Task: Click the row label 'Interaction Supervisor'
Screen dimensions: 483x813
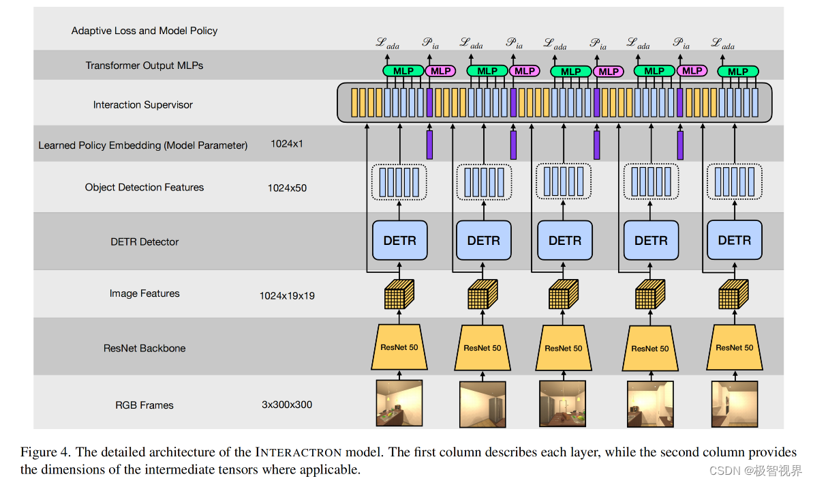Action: (x=143, y=105)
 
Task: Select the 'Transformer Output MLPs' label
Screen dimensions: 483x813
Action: (x=144, y=65)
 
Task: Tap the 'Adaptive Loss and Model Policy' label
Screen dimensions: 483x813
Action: (x=144, y=31)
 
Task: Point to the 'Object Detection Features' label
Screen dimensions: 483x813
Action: (x=144, y=187)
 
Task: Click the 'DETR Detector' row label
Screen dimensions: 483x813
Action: (x=144, y=241)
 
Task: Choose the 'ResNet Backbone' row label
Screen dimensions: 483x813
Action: (x=144, y=348)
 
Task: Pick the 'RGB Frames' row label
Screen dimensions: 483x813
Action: (x=144, y=405)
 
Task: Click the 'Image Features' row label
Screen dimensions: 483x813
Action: (x=144, y=293)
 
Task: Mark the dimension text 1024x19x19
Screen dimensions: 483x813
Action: (x=287, y=296)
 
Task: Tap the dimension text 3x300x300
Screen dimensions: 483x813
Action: (x=287, y=405)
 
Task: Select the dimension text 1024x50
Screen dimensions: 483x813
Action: (x=287, y=188)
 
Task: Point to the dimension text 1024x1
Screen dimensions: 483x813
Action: (x=287, y=144)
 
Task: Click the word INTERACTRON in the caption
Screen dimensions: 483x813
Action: (x=298, y=452)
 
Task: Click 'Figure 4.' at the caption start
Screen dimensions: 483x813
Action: (x=46, y=452)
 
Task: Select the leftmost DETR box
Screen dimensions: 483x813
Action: (x=399, y=240)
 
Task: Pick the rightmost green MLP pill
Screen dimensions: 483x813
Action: (x=737, y=71)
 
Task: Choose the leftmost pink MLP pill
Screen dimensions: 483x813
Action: (x=441, y=71)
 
